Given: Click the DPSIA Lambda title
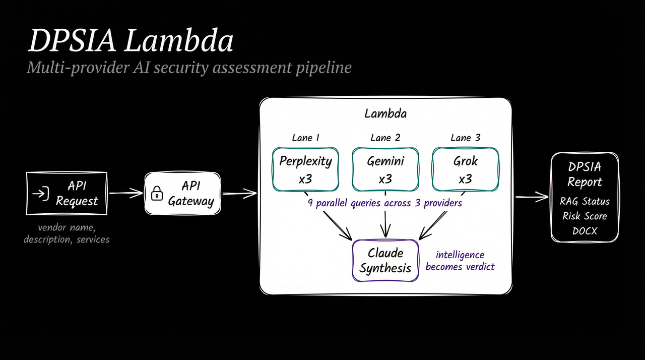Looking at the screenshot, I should (x=131, y=41).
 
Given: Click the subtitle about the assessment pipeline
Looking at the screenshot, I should (x=188, y=67).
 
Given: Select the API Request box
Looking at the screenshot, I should (x=67, y=194).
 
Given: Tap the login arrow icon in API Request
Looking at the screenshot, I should (x=40, y=193).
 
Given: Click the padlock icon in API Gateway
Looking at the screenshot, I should (x=157, y=193).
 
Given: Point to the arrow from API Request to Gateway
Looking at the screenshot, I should (x=126, y=192).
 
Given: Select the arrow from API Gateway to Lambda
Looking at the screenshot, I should (x=239, y=192).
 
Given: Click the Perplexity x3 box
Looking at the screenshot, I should (x=305, y=169).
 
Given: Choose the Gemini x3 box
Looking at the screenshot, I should (x=385, y=169).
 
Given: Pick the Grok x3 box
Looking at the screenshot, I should (x=465, y=169).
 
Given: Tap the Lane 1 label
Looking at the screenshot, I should (x=305, y=138).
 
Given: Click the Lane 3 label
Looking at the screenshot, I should (x=465, y=138).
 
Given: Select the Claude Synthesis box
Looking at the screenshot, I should (x=385, y=260).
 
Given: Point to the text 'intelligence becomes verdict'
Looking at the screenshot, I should (x=460, y=261).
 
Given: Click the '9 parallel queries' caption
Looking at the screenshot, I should (x=385, y=204).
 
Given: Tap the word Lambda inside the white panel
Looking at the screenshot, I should (x=385, y=113).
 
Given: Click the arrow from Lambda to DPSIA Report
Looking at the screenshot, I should (x=531, y=197).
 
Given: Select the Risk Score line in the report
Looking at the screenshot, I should (x=585, y=216).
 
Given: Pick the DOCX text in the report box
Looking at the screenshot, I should (x=585, y=231).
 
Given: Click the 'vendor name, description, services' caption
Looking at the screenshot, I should (x=67, y=233).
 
